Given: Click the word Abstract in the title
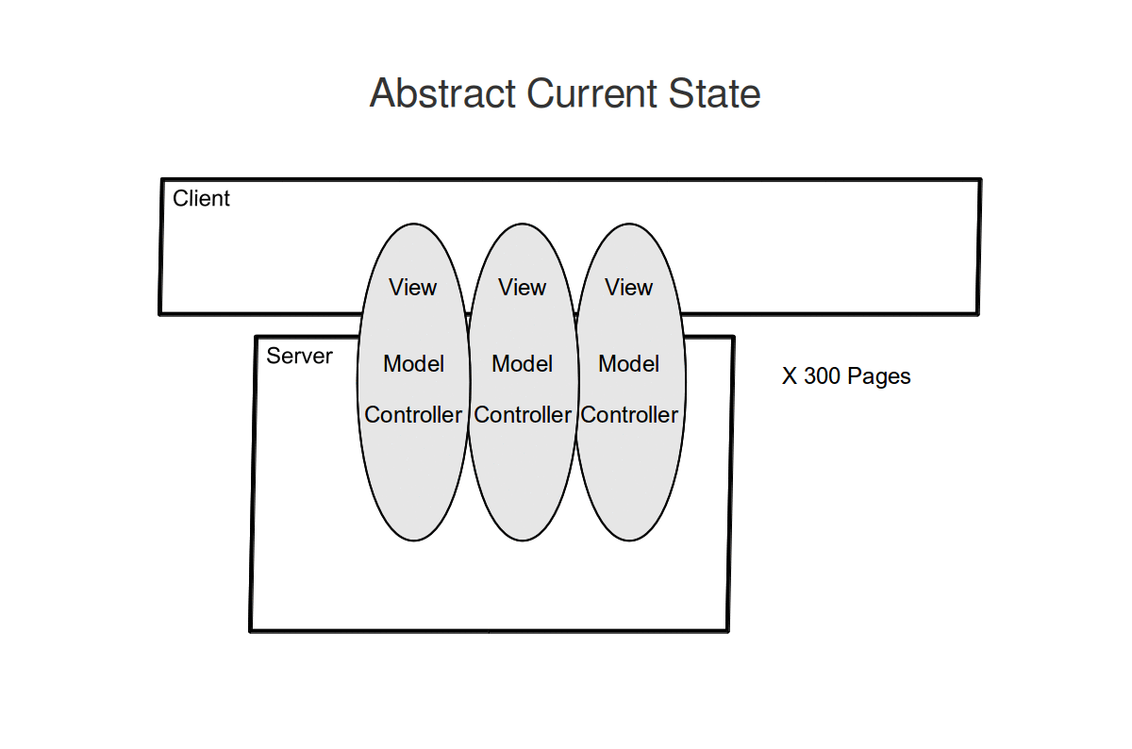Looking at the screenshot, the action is (442, 93).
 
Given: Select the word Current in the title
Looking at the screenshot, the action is (591, 93).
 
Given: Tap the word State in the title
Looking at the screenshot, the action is (715, 93).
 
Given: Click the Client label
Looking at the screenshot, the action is (201, 198).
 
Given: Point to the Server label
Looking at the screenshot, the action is (299, 356).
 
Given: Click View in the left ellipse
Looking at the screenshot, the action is (412, 287).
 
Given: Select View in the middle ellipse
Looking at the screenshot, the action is (522, 287).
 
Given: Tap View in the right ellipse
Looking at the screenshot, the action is (628, 287).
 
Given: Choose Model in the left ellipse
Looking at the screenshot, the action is (413, 363).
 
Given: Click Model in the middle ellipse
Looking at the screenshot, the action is (522, 363).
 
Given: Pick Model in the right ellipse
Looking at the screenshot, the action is (628, 363).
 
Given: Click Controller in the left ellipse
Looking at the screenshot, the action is (413, 415).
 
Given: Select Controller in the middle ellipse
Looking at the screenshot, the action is (523, 415).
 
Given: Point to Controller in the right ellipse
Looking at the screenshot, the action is (629, 415).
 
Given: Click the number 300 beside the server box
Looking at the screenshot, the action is (822, 376).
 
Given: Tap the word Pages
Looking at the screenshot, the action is (879, 377).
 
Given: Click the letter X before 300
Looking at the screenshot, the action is (790, 376).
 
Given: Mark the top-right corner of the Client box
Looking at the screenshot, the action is (980, 179).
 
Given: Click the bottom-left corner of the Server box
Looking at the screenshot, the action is (251, 631).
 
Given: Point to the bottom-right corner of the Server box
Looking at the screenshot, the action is (727, 631).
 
